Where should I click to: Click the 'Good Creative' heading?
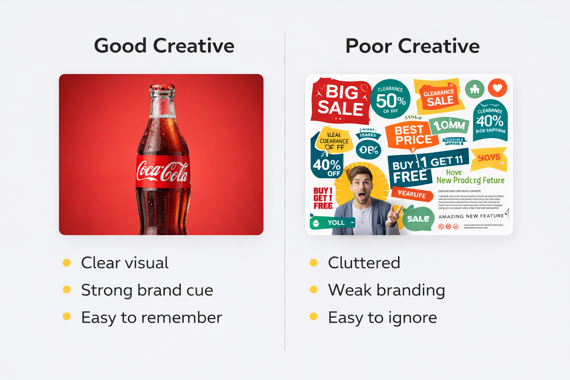(164, 46)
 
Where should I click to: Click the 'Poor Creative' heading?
(412, 46)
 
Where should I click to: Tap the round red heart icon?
(497, 88)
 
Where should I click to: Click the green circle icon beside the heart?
(475, 89)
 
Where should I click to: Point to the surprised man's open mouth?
(361, 195)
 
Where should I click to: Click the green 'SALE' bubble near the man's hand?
(418, 219)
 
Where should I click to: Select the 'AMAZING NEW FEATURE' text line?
(471, 216)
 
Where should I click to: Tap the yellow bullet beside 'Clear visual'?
(67, 263)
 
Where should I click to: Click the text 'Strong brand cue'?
(147, 290)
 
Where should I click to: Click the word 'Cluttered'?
(364, 263)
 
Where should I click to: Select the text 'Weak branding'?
(386, 290)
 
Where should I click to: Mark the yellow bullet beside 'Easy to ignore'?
(314, 316)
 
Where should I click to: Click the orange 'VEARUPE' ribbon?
(412, 194)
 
